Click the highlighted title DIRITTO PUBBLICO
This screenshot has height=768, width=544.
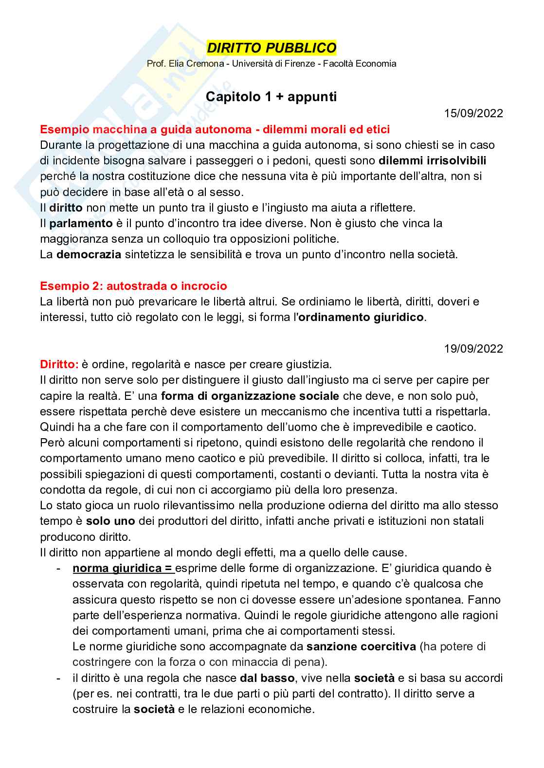(272, 48)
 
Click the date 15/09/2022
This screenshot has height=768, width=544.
(473, 114)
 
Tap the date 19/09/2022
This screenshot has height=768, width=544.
(473, 349)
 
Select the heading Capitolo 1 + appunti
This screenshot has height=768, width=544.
(272, 97)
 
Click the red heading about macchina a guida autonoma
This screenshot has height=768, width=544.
(215, 129)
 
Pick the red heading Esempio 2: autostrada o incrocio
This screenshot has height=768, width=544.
(133, 286)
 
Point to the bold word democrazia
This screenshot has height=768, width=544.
(89, 254)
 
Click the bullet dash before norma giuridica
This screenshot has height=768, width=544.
(59, 568)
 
